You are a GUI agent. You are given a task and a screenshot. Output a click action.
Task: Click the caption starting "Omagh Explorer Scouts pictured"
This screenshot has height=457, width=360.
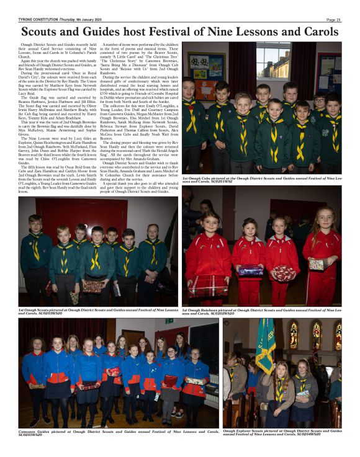click(282, 432)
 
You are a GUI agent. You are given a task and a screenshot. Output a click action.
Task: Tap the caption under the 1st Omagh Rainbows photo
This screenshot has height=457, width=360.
click(261, 311)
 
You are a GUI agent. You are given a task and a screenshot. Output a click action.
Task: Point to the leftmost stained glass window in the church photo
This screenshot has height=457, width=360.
click(294, 334)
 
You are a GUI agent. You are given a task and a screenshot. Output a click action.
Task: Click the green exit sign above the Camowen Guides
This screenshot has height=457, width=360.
click(169, 321)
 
